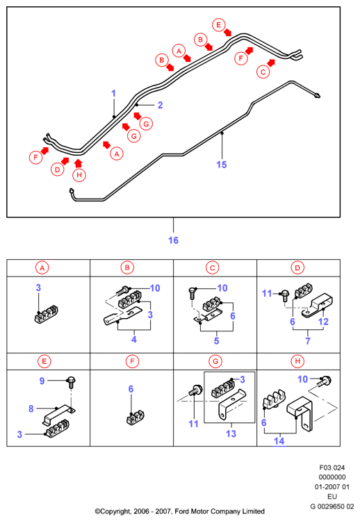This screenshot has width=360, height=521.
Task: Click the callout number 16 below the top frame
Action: (173, 240)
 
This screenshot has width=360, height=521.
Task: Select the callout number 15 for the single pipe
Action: (222, 165)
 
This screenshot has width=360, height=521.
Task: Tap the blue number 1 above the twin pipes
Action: (114, 93)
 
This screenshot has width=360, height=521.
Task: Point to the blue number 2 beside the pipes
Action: (161, 105)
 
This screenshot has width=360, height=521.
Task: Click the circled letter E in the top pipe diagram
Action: (219, 25)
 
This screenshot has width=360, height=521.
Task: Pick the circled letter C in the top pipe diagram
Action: (263, 72)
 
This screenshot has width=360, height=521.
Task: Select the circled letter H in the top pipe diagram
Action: (79, 175)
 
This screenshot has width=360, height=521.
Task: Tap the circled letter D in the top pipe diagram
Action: (58, 169)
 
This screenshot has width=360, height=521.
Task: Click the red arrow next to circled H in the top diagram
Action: (78, 163)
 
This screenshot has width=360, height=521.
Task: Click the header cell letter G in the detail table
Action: (215, 361)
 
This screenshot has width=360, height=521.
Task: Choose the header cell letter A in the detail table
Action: (42, 267)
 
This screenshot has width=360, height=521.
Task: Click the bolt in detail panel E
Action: (71, 382)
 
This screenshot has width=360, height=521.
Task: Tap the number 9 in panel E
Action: (42, 381)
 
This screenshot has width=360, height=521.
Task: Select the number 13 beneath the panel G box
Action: (231, 433)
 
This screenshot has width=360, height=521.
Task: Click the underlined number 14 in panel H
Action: (279, 441)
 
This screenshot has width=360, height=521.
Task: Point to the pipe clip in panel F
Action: (135, 418)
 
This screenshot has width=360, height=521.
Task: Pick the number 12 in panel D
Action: (323, 322)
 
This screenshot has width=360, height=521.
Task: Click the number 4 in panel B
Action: (134, 339)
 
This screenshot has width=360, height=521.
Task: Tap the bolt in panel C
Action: (193, 294)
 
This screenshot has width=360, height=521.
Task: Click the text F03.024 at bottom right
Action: (332, 468)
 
